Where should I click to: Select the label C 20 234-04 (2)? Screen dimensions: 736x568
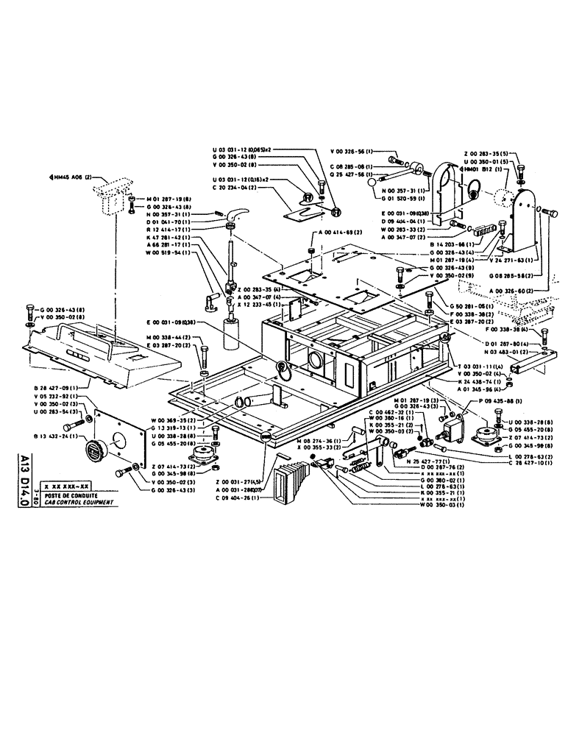pyautogui.click(x=233, y=187)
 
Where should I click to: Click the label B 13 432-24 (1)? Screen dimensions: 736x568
pyautogui.click(x=54, y=436)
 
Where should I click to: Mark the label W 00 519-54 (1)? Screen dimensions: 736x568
pyautogui.click(x=168, y=252)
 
